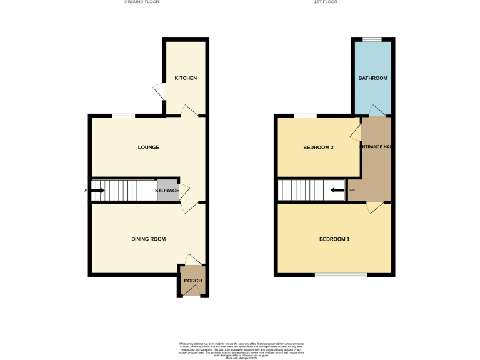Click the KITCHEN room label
[186, 78]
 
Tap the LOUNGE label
[149, 147]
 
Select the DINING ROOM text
[148, 239]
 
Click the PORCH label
[192, 281]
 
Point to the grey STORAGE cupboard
[167, 191]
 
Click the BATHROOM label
[372, 78]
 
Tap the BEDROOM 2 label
[318, 147]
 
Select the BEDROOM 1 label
[334, 239]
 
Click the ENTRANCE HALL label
[377, 147]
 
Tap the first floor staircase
[302, 191]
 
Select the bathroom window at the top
[372, 39]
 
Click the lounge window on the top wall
[123, 116]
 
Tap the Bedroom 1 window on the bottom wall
[341, 275]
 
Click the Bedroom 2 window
[305, 116]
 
